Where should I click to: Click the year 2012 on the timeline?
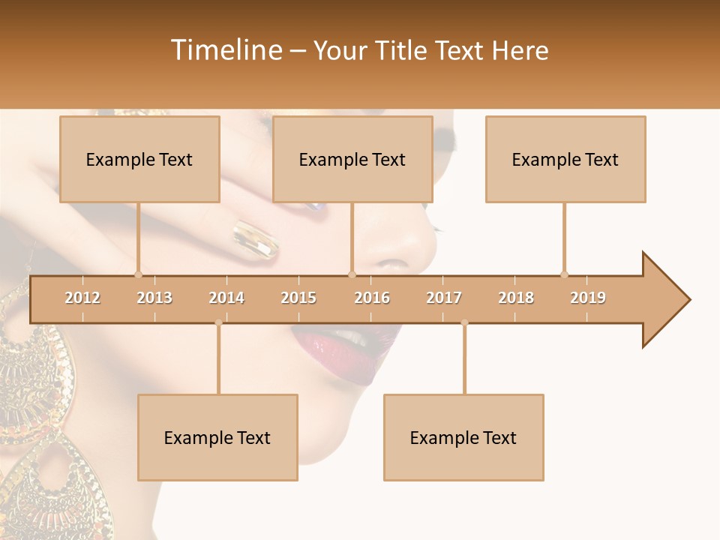[x=82, y=298]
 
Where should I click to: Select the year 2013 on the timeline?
[x=154, y=298]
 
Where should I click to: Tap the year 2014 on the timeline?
[x=226, y=298]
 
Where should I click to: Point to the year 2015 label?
[x=298, y=298]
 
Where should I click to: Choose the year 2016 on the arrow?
[x=372, y=298]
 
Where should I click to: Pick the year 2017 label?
[x=444, y=298]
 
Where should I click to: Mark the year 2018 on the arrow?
[x=516, y=298]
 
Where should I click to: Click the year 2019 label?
[x=588, y=298]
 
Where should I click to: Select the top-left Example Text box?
[x=139, y=159]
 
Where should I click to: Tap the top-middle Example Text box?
[x=352, y=159]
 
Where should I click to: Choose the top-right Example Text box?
[x=565, y=159]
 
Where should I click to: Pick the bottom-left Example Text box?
[x=217, y=437]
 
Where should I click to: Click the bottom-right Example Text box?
[x=463, y=437]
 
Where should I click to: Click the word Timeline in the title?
[x=225, y=50]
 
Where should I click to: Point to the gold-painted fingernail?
[x=255, y=239]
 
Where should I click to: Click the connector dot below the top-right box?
[x=564, y=274]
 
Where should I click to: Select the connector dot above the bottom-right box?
[x=464, y=322]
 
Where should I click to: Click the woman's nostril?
[x=390, y=265]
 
